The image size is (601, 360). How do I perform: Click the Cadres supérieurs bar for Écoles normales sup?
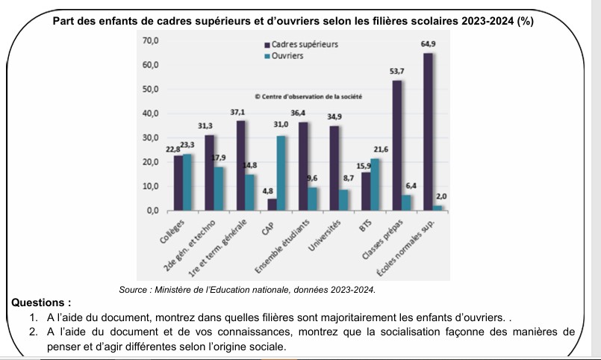(428, 131)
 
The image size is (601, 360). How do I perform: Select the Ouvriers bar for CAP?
(281, 173)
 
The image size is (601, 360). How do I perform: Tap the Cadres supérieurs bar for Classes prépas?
(397, 145)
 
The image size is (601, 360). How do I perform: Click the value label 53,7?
(397, 71)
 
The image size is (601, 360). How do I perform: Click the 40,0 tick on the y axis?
(150, 114)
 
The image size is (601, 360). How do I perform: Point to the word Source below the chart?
(135, 289)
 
